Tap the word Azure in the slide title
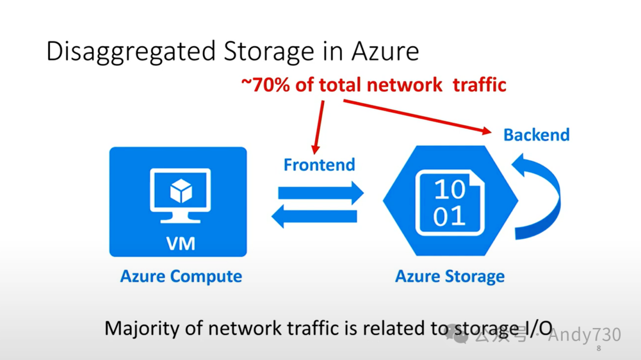[x=385, y=52]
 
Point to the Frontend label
[x=319, y=164]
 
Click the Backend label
[x=536, y=135]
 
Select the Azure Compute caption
[x=181, y=276]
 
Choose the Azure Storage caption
[x=450, y=276]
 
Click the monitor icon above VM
[x=180, y=195]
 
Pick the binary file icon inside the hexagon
[x=450, y=202]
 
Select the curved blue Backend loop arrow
[x=540, y=196]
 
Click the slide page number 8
[x=598, y=348]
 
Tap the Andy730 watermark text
[x=584, y=335]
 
